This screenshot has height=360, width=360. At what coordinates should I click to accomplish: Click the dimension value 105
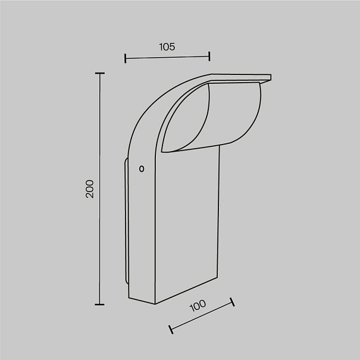point(167,46)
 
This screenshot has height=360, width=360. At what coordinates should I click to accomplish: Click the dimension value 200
point(89,189)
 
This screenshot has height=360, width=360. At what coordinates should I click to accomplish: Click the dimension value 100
point(198,306)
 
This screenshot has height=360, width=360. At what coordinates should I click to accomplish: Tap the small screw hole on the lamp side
point(142,169)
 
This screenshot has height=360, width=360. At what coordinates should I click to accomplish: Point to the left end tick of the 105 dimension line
point(125,58)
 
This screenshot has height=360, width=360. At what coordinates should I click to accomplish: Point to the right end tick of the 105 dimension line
point(209,57)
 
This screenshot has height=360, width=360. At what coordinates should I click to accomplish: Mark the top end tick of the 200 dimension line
point(99,73)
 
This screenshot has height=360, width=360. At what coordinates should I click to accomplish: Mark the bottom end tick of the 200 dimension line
point(99,305)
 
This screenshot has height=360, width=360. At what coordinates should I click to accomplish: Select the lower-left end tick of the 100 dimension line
point(171,330)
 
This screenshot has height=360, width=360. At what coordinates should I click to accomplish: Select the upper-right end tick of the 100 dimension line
point(232,302)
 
